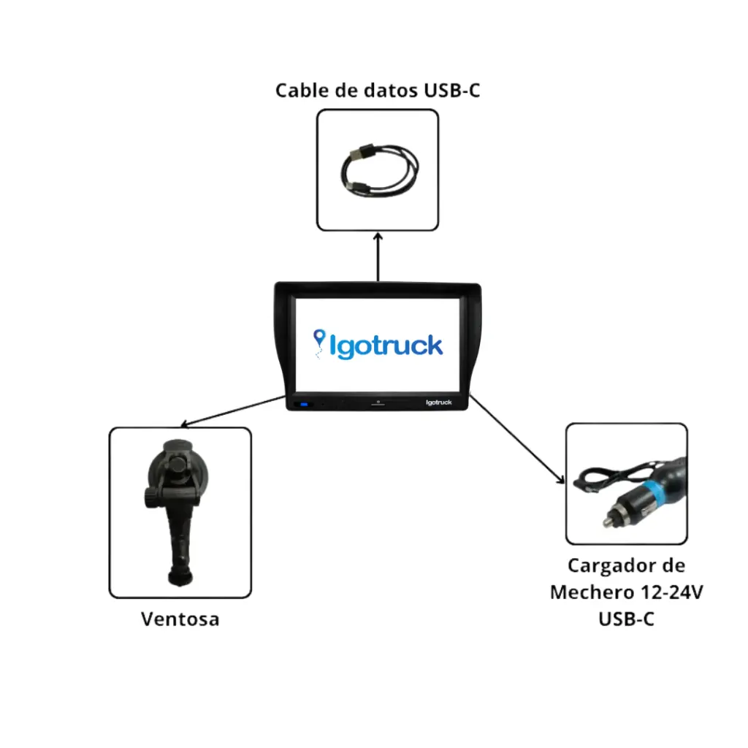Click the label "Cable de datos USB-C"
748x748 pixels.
coord(377,91)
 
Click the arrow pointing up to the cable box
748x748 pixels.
coord(378,256)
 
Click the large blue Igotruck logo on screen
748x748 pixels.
coord(378,345)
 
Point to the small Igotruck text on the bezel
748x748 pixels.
coord(438,402)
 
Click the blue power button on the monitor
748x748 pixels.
coord(302,405)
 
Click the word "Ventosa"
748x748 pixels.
coord(180,619)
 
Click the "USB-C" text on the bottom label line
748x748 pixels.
coord(626,619)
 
